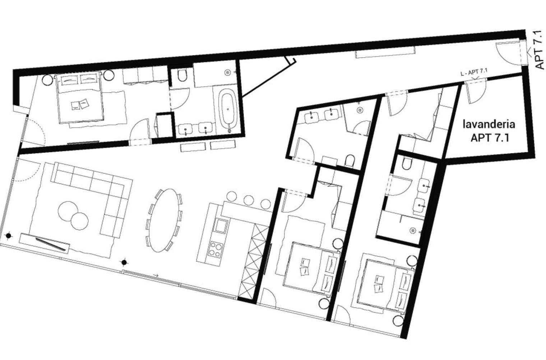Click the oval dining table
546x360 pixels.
165,220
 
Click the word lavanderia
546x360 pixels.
489,124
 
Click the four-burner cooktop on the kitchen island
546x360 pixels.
216,249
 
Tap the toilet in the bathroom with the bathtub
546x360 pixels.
182,75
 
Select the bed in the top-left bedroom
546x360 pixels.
80,98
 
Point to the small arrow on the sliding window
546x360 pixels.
156,275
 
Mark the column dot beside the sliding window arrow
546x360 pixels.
125,262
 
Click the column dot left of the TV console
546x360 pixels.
8,236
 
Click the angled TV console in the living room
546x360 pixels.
50,244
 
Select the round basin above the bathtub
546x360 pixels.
227,73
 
